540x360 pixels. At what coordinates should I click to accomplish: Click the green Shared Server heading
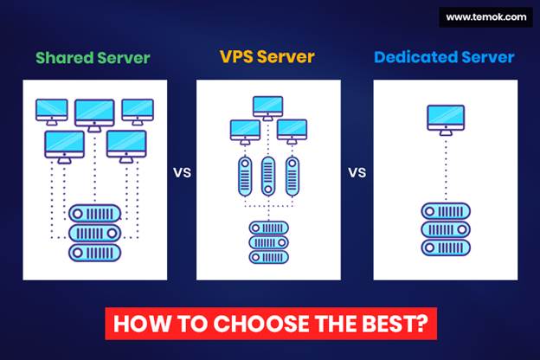(93, 59)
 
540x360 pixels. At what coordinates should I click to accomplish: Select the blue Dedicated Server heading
(445, 59)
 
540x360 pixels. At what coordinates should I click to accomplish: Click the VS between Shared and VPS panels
(182, 171)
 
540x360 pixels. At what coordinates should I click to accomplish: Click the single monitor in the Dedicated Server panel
(445, 117)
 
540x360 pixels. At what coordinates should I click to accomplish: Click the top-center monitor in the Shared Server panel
(93, 112)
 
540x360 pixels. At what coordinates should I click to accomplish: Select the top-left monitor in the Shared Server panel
(51, 110)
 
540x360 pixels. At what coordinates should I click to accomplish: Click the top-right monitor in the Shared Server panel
(138, 110)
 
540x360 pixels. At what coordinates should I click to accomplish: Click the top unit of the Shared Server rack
(95, 212)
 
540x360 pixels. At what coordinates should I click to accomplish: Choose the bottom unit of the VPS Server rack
(268, 257)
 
